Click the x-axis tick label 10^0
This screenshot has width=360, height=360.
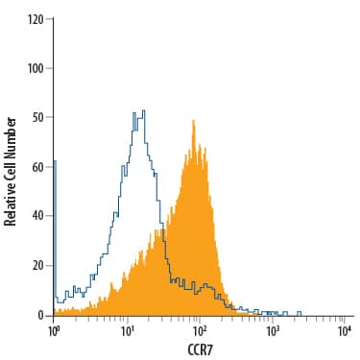(x=54, y=330)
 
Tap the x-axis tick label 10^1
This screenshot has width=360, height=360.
(x=127, y=330)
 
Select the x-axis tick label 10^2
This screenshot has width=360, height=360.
(x=200, y=330)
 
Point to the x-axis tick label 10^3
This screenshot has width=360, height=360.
(x=273, y=330)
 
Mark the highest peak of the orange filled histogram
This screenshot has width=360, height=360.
(x=194, y=121)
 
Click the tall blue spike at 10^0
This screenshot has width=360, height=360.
(x=54, y=162)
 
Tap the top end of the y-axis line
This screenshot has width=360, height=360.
(x=54, y=19)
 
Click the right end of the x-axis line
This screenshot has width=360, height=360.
(x=352, y=316)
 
